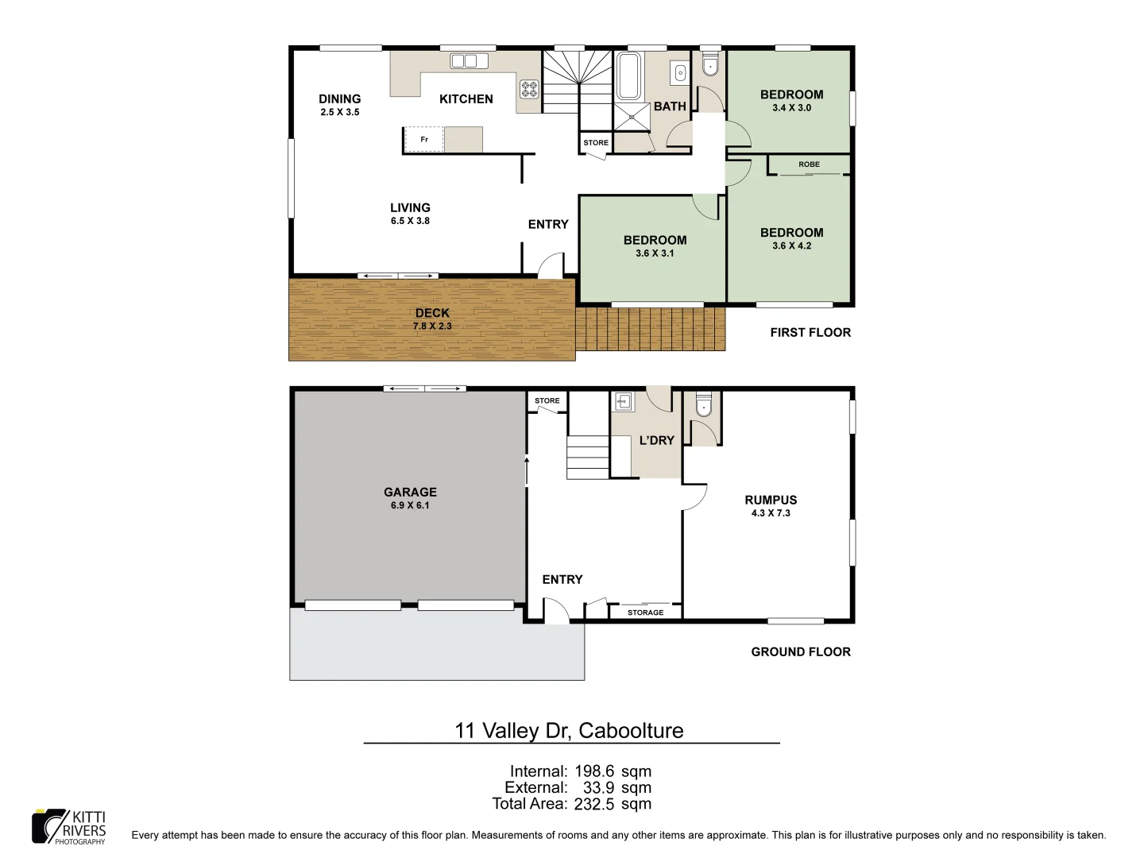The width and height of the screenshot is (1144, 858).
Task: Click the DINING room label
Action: click(339, 99)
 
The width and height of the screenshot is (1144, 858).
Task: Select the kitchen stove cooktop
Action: click(529, 89)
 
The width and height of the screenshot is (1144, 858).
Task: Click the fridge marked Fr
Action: click(424, 140)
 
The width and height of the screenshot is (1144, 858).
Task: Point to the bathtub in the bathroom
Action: click(629, 76)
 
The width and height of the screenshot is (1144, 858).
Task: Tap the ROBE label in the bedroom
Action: click(809, 164)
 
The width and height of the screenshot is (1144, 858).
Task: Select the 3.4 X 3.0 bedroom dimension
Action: click(791, 108)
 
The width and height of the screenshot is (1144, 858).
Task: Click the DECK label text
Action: click(432, 313)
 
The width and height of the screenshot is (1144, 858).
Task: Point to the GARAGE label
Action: click(410, 493)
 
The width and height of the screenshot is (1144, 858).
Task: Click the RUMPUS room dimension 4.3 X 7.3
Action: click(771, 513)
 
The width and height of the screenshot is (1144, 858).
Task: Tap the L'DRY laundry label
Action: click(656, 440)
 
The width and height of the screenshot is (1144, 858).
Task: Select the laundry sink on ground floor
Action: click(623, 401)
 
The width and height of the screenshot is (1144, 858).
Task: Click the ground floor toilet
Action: click(703, 408)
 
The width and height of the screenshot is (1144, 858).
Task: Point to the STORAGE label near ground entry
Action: click(645, 613)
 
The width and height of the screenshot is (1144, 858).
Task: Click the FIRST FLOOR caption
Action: click(810, 333)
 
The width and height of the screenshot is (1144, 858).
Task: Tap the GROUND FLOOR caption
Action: click(800, 652)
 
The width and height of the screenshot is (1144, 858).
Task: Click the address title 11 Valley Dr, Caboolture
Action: click(569, 731)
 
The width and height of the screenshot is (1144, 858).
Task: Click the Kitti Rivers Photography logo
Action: click(69, 827)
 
